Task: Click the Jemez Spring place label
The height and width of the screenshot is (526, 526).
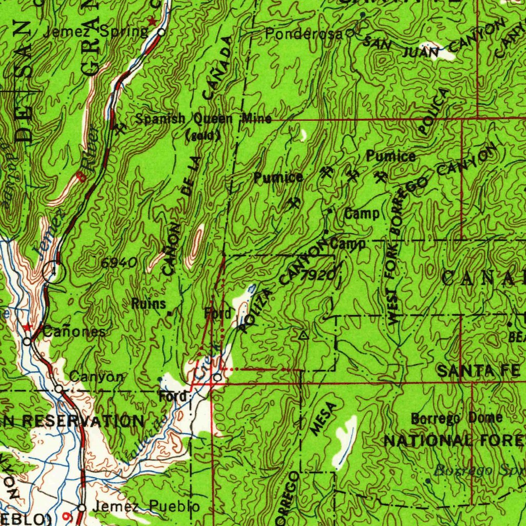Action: (x=96, y=32)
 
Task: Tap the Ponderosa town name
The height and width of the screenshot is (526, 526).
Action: (x=304, y=34)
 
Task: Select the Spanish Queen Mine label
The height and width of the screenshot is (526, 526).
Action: (x=203, y=119)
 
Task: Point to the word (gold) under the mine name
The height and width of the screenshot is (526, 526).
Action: (x=203, y=136)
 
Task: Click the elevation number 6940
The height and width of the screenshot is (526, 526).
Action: (x=118, y=263)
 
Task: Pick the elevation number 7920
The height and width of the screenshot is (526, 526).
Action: (x=318, y=276)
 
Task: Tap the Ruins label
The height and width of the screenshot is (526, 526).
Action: (x=149, y=304)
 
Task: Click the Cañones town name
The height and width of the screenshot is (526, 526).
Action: (x=74, y=332)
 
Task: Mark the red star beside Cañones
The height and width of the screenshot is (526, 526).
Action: (x=28, y=327)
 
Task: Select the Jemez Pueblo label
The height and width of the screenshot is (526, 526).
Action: (x=146, y=507)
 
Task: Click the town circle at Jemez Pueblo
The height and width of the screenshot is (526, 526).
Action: (x=81, y=508)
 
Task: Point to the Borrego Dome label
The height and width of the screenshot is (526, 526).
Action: (x=457, y=418)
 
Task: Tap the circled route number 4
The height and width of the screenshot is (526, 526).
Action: (x=53, y=271)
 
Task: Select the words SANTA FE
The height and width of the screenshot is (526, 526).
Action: (x=479, y=370)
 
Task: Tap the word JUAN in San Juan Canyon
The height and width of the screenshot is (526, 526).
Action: (x=421, y=52)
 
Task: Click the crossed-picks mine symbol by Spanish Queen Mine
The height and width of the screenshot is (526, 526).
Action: (x=121, y=128)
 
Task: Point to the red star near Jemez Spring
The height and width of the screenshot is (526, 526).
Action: (x=152, y=22)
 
